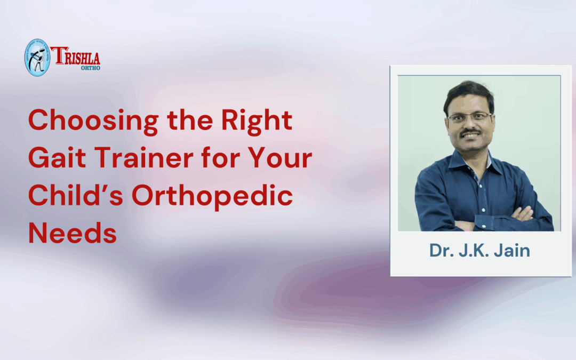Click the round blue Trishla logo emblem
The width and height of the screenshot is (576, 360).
[x=37, y=57]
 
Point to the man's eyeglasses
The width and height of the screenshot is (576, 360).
[x=469, y=117]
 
